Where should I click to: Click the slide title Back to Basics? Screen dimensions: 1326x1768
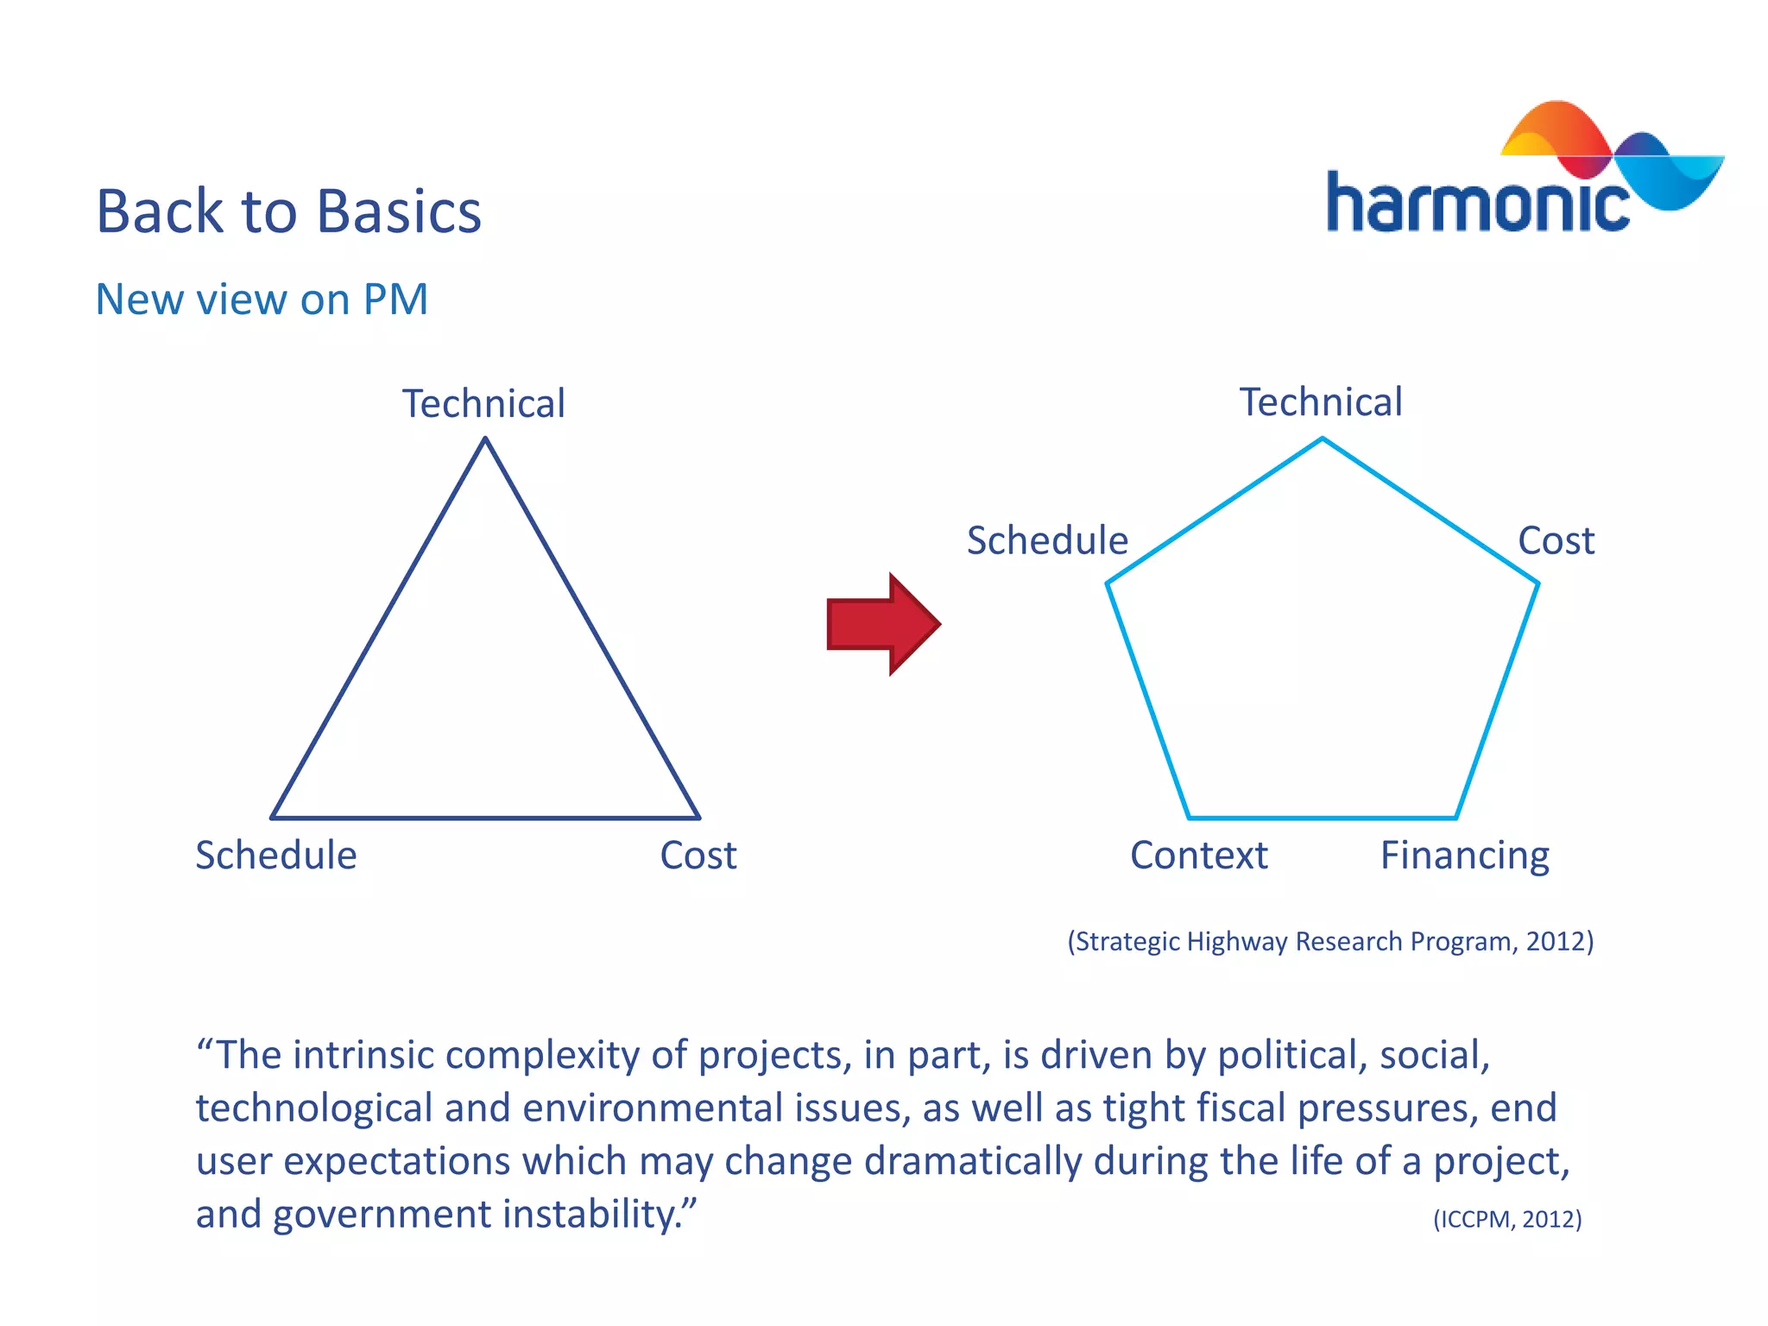click(288, 212)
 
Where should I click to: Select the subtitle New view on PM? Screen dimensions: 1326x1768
click(262, 300)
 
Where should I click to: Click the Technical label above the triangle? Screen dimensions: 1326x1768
click(483, 404)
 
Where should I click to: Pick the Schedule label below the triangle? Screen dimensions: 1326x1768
click(276, 856)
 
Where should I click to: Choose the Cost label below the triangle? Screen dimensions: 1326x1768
click(698, 856)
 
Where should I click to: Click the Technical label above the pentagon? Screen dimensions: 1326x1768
click(1321, 402)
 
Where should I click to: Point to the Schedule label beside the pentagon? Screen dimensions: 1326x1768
click(1047, 540)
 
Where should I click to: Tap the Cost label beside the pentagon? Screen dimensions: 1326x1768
click(1556, 541)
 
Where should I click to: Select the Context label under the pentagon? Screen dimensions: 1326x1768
click(1199, 856)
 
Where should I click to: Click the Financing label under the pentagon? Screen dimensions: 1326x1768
click(1465, 856)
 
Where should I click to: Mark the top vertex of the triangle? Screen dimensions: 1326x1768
click(485, 439)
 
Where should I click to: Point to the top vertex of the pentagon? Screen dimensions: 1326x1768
click(1323, 439)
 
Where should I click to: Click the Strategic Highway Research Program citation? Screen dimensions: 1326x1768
click(1330, 941)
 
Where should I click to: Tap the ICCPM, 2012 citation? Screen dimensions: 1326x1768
click(1507, 1219)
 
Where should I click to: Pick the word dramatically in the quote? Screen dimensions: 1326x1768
click(973, 1161)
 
